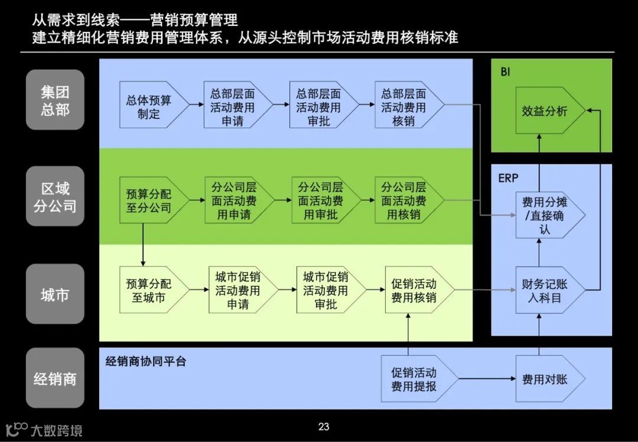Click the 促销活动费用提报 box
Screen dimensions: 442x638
click(x=415, y=379)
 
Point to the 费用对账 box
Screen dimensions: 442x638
click(x=546, y=379)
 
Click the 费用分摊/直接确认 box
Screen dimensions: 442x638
click(x=546, y=215)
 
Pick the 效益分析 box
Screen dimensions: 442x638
click(x=546, y=110)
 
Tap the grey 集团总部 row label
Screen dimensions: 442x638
click(x=55, y=100)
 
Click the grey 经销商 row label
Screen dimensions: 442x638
click(x=55, y=379)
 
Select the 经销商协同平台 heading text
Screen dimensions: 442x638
click(x=146, y=361)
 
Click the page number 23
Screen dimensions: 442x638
click(x=324, y=427)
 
